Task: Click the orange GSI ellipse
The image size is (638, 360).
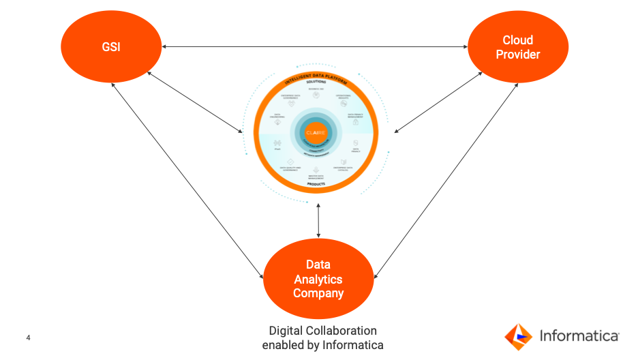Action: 111,47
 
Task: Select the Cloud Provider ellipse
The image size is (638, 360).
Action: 517,47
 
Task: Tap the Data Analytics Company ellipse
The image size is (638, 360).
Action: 318,279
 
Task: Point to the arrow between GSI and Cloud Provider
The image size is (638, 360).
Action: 314,47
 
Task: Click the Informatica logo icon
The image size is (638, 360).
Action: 518,336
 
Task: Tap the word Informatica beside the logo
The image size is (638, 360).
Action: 579,335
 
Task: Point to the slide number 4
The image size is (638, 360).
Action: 28,337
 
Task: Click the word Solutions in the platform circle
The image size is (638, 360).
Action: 316,82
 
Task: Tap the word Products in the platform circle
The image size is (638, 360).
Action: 316,184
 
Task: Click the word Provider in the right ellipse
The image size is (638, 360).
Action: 517,55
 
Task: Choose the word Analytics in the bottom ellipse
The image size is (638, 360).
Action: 318,279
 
